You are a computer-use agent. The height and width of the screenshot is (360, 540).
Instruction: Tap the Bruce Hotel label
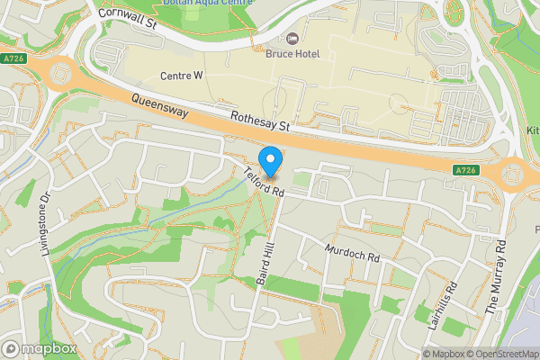coord(293,54)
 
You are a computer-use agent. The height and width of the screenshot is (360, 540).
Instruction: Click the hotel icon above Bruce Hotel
coord(292,39)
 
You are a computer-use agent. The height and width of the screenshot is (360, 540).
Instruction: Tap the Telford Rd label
coord(263,182)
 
